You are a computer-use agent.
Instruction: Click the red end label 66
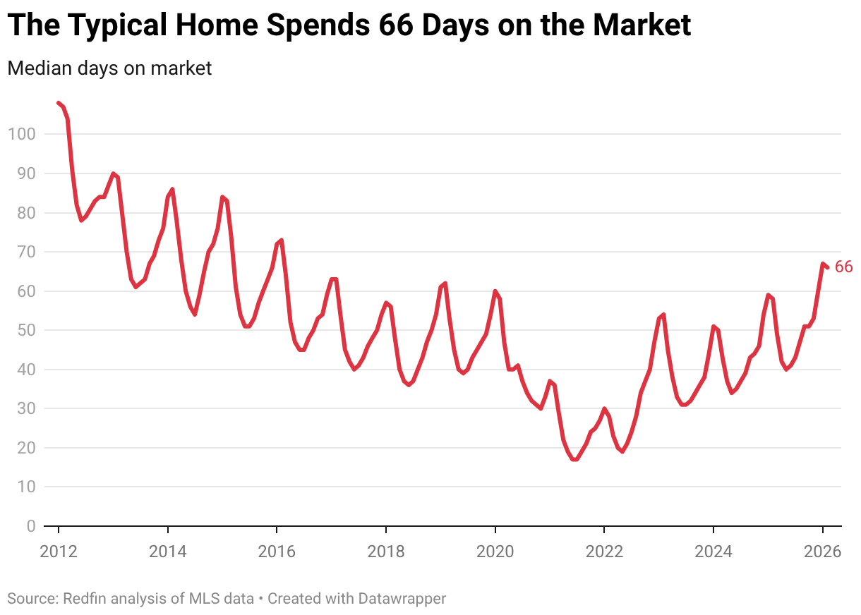click(x=843, y=267)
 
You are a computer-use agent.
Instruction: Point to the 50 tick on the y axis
click(x=25, y=330)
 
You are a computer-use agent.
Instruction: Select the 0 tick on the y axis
click(x=30, y=526)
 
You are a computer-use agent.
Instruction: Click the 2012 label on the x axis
click(x=59, y=551)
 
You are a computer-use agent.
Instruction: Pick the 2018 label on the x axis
click(x=386, y=551)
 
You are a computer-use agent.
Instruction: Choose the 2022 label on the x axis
click(x=604, y=551)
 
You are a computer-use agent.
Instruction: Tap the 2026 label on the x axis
click(x=822, y=551)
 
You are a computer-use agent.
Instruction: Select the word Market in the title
click(x=642, y=26)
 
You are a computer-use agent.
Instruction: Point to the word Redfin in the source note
click(x=84, y=599)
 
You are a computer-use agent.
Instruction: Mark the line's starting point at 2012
click(x=59, y=103)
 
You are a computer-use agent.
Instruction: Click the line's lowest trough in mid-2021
click(x=575, y=459)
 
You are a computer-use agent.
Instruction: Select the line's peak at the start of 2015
click(x=222, y=197)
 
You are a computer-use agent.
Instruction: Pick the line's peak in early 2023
click(x=663, y=315)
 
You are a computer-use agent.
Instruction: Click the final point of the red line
click(x=827, y=267)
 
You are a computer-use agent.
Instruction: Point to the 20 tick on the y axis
click(x=25, y=448)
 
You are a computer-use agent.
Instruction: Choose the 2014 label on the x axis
click(x=168, y=551)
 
